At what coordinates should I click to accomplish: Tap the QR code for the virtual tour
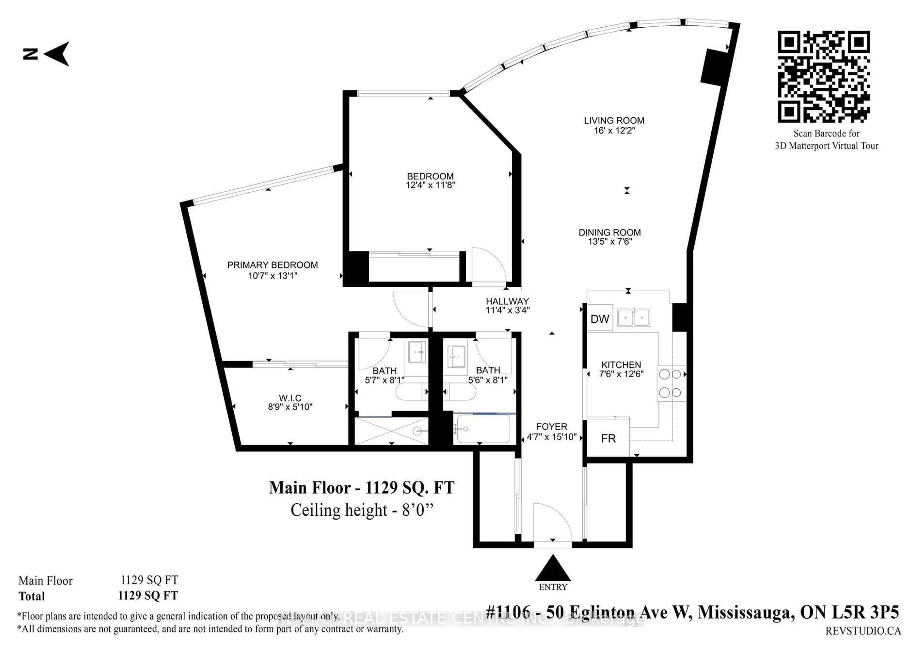click(824, 76)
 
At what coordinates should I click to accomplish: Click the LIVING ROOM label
click(614, 121)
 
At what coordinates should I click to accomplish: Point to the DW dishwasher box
click(600, 319)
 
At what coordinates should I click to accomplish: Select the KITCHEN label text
click(621, 365)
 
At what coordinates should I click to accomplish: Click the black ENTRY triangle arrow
click(553, 569)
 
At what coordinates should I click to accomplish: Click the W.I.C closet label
click(290, 398)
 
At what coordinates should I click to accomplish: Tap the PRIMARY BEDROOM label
click(272, 265)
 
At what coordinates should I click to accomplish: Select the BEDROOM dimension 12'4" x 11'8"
click(431, 185)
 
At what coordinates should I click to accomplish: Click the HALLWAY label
click(508, 301)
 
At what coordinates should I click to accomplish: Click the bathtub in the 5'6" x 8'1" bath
click(483, 429)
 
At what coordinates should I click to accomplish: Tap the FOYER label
click(552, 427)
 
